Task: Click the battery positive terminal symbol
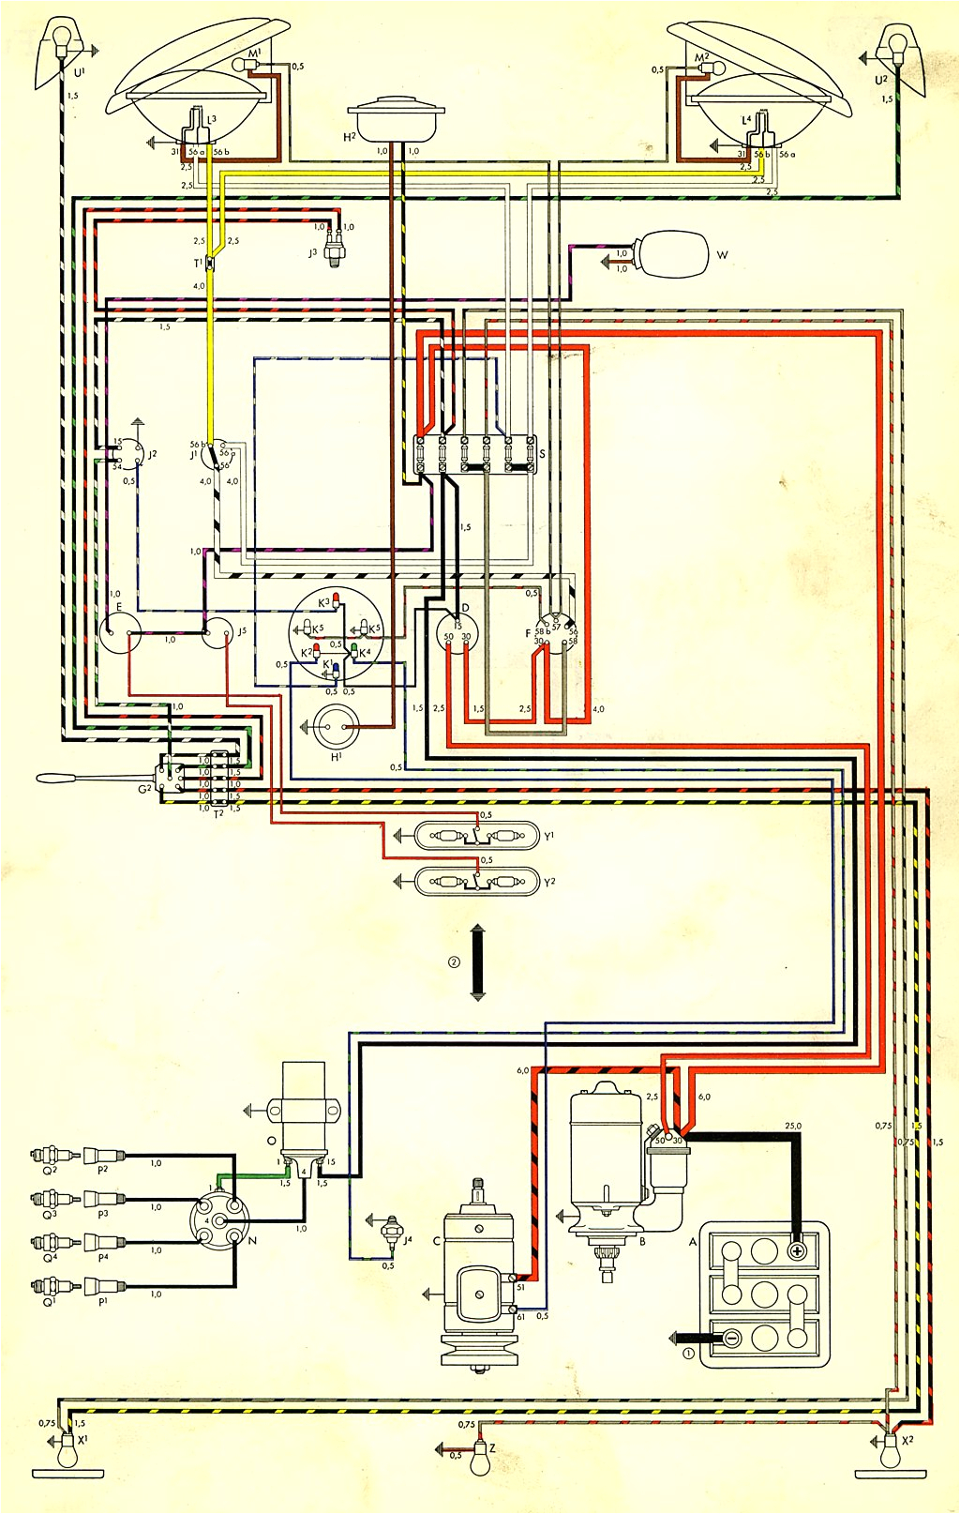point(797,1251)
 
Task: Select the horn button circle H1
point(335,726)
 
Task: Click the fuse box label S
point(542,454)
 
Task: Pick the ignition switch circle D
point(457,632)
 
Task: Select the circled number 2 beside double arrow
point(454,962)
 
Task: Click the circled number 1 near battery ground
point(688,1354)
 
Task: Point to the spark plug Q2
point(43,1156)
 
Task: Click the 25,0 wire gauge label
point(792,1126)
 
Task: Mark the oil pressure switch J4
point(392,1225)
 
